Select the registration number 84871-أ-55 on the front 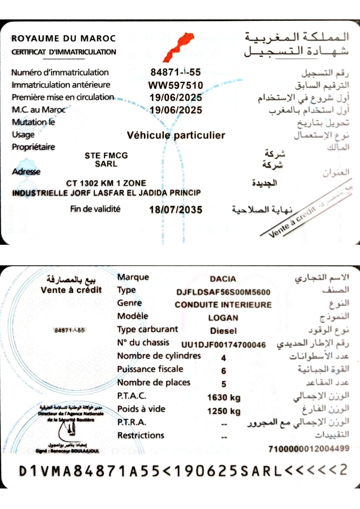(175, 72)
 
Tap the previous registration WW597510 (175, 85)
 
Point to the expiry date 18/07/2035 (176, 210)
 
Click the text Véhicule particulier (176, 135)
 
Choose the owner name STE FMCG (106, 155)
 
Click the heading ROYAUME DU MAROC (63, 39)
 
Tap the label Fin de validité (95, 209)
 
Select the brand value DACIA (223, 279)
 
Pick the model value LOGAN (223, 318)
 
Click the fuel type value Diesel (223, 331)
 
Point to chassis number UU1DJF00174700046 (223, 345)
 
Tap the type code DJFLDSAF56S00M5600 (223, 292)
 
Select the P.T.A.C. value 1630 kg (224, 398)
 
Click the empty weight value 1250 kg (224, 411)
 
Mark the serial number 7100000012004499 (309, 449)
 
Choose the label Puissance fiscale (150, 369)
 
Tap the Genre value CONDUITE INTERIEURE (223, 305)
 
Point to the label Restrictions (141, 435)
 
